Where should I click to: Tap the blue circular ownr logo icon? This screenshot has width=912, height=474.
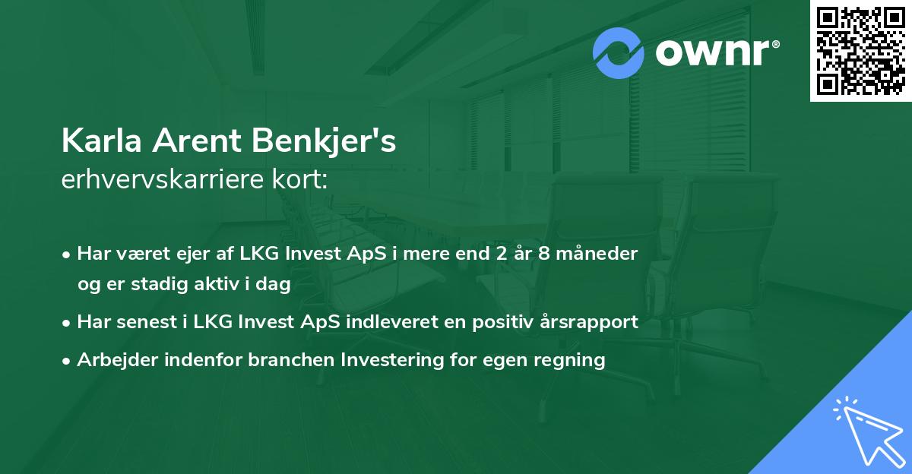619,52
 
